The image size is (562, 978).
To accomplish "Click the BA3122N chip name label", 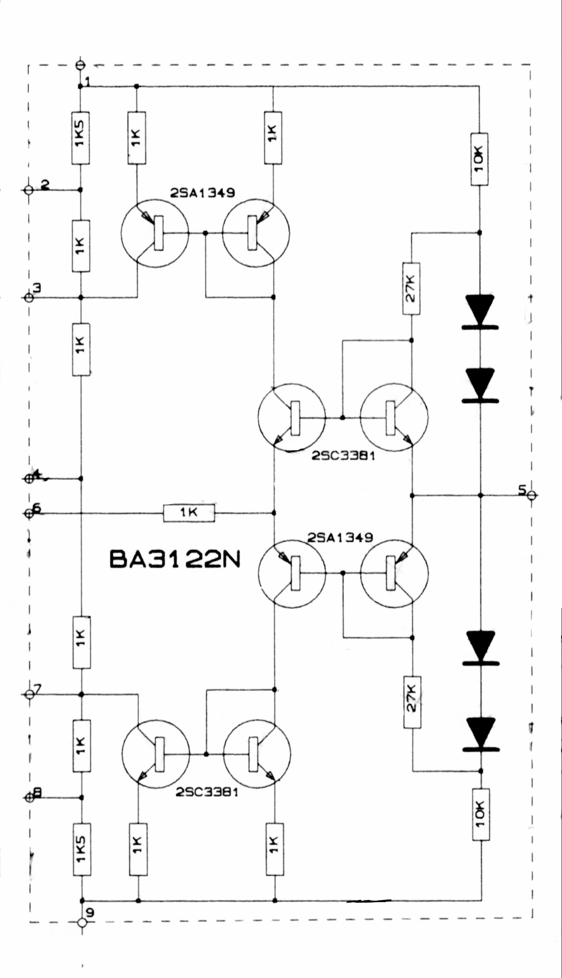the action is click(x=175, y=559).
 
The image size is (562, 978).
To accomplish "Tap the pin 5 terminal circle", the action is click(x=533, y=495).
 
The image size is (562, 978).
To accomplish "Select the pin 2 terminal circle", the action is click(x=29, y=190).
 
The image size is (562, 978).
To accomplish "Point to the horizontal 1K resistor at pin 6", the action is click(x=189, y=513).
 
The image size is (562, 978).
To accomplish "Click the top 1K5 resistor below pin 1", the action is click(x=80, y=138).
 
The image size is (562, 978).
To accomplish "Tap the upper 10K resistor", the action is click(x=479, y=159).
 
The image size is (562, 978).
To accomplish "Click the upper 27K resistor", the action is click(x=411, y=288).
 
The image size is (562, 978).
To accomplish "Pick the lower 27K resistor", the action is click(x=412, y=702).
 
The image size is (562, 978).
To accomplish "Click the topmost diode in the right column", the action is click(x=480, y=312).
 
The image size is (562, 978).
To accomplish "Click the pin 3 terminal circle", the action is click(x=29, y=297).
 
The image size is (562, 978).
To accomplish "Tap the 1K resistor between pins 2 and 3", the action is click(x=81, y=246).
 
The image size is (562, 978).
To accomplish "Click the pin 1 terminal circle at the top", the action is click(x=80, y=65).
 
